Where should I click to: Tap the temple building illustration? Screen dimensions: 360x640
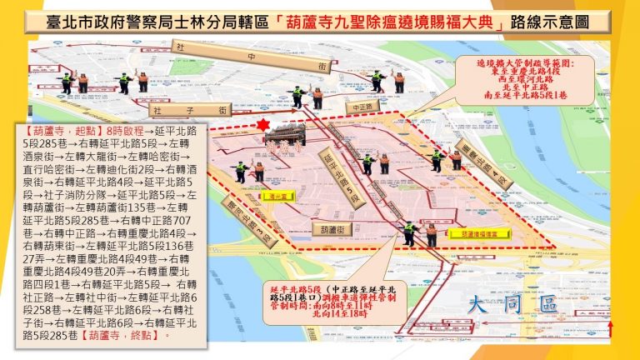click(291, 133)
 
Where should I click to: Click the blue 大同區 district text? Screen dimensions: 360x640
click(524, 303)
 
